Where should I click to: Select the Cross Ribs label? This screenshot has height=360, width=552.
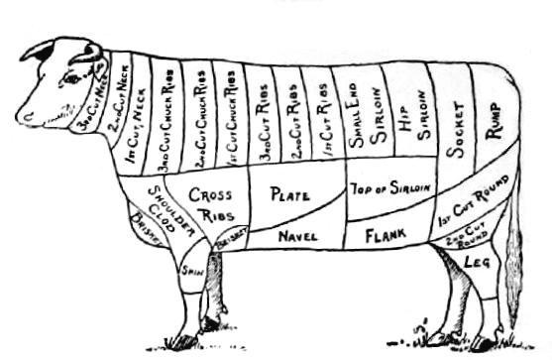(x=210, y=202)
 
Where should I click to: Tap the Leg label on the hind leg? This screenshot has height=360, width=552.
(x=479, y=262)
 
